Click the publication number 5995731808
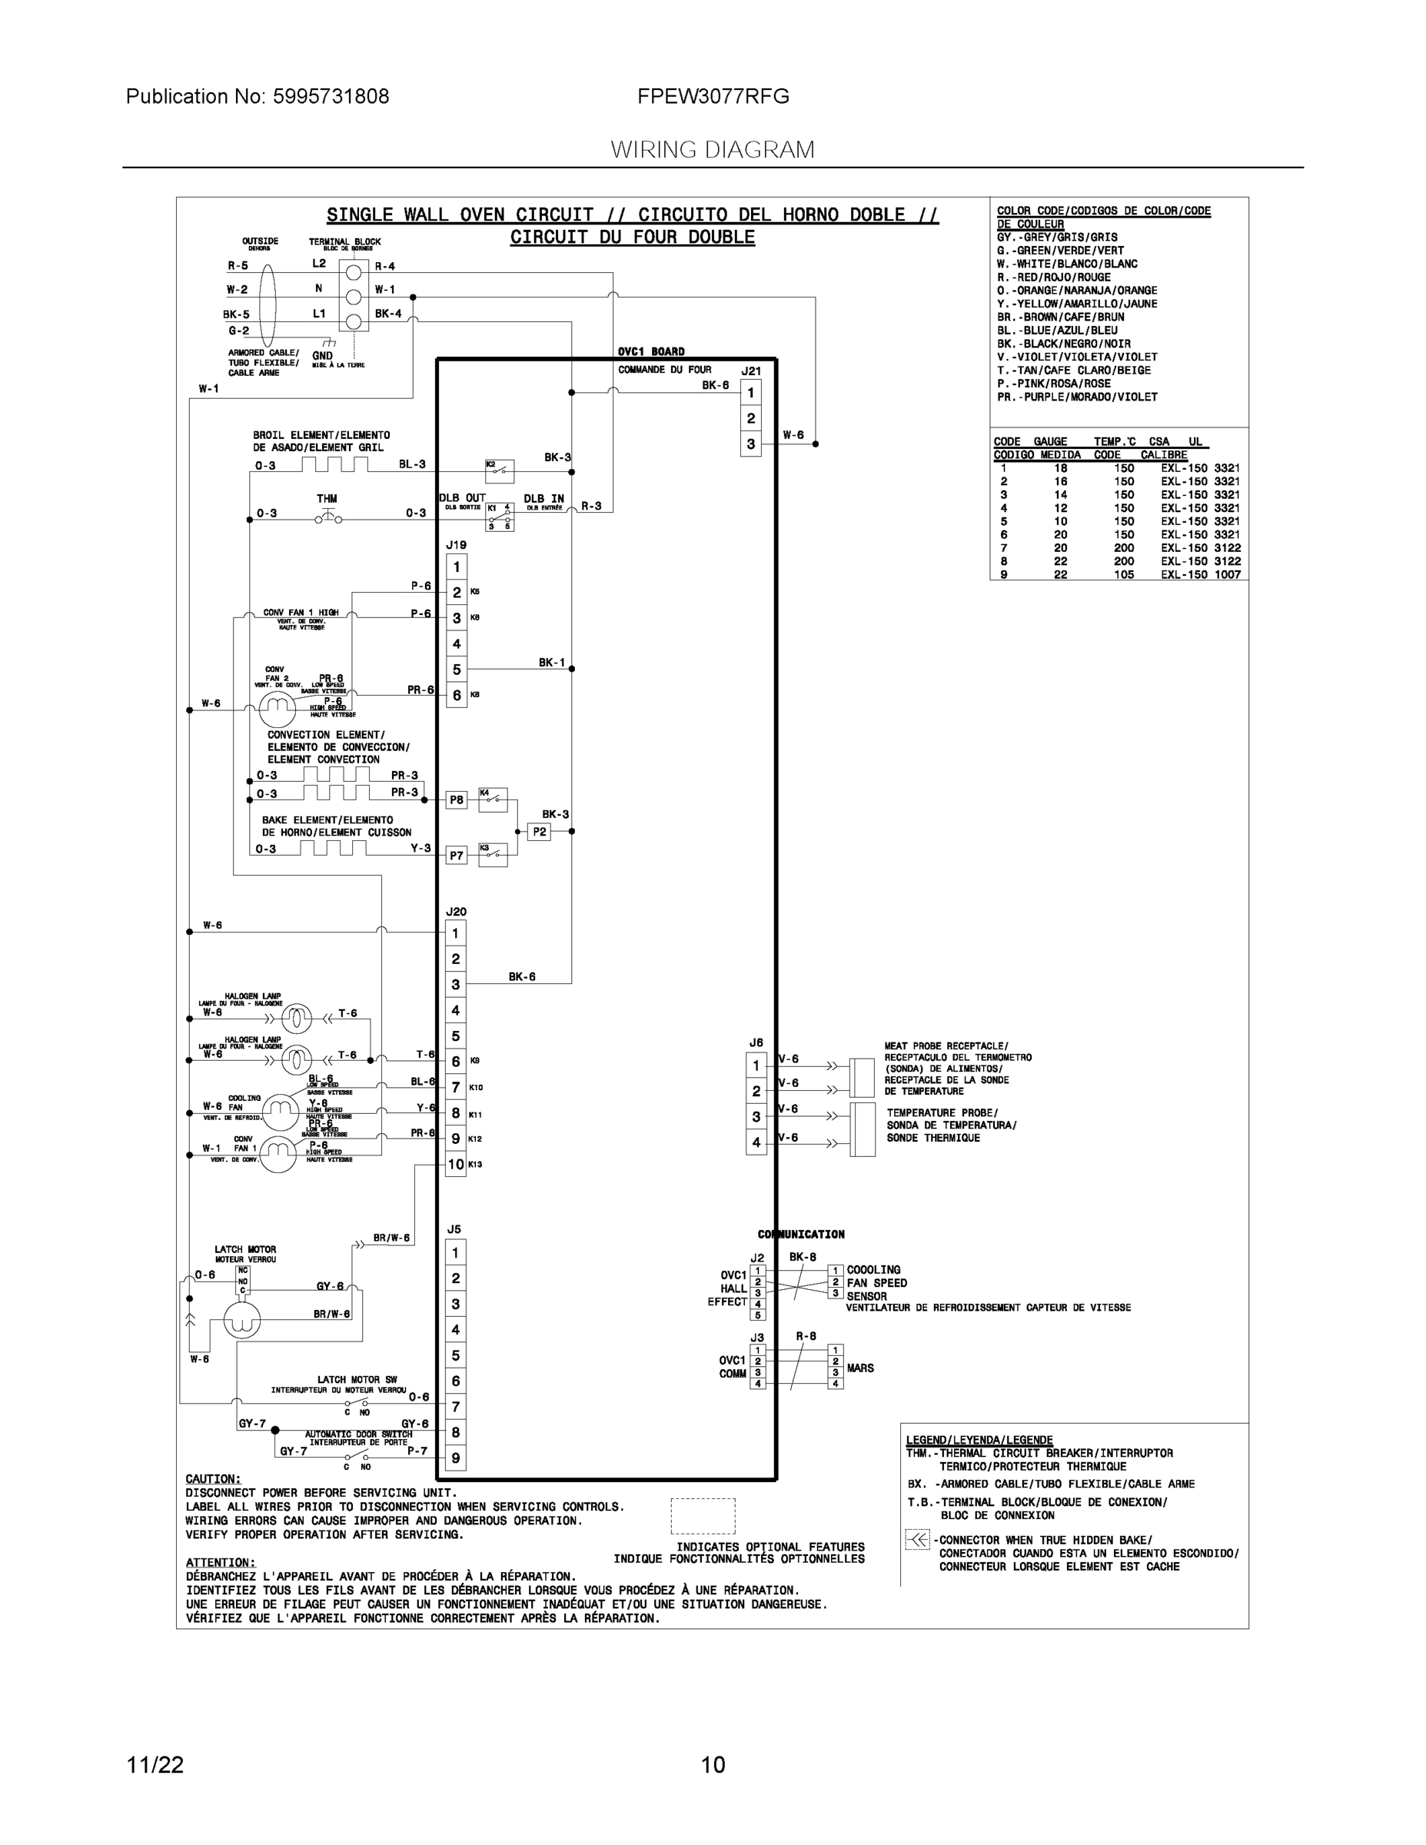[331, 97]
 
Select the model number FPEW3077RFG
[713, 97]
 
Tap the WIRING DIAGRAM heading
[712, 151]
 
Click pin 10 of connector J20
[455, 1164]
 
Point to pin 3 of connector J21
[750, 444]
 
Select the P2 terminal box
[539, 831]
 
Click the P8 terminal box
[456, 799]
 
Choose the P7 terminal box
[456, 856]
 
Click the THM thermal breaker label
[327, 498]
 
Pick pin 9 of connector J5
[455, 1458]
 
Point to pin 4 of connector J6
[756, 1142]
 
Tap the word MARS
[860, 1368]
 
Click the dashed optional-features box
[703, 1515]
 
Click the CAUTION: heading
[213, 1478]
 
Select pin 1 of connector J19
[456, 567]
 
